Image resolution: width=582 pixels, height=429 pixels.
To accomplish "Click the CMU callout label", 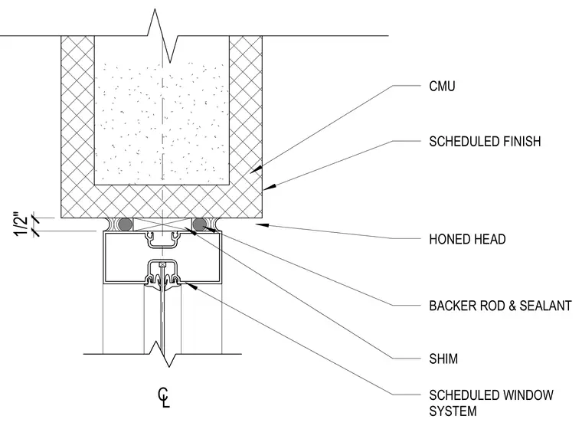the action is pos(442,86).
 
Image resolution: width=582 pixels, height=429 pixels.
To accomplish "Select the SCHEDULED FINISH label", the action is pos(485,142).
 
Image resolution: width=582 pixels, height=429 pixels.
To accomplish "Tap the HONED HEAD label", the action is pos(467,239).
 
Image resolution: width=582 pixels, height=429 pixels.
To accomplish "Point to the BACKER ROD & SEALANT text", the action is pos(500,306).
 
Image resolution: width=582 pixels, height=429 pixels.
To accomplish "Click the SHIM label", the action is pos(443,359).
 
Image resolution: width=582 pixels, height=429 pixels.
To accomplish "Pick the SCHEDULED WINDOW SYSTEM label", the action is pos(491,403).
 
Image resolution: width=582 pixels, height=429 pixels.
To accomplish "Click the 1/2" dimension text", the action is pos(21,224).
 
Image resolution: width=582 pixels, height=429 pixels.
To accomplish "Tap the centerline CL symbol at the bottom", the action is pos(164,398).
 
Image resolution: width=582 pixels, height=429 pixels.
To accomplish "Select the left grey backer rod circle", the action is pos(125,224).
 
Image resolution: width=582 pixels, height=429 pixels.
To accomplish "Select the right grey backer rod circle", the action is pos(199,224).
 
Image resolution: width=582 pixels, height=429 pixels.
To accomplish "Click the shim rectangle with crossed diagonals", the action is pos(162,224).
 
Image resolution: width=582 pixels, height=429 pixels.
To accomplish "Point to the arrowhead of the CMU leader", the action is pos(256,170).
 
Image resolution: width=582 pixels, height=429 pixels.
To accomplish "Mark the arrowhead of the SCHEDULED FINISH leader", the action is pos(270,187).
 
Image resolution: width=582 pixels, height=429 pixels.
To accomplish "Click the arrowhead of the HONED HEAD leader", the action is pos(262,224).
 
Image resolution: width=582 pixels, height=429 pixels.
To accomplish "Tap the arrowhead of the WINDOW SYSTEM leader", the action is pos(191,285).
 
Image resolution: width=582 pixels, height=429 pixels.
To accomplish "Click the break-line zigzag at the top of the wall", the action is pos(162,36).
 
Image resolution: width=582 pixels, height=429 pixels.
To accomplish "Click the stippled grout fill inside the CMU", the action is pos(162,123).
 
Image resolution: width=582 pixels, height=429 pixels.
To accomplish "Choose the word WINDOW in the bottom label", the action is pos(528,395).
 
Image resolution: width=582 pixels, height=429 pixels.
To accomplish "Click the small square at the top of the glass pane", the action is pos(162,265).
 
